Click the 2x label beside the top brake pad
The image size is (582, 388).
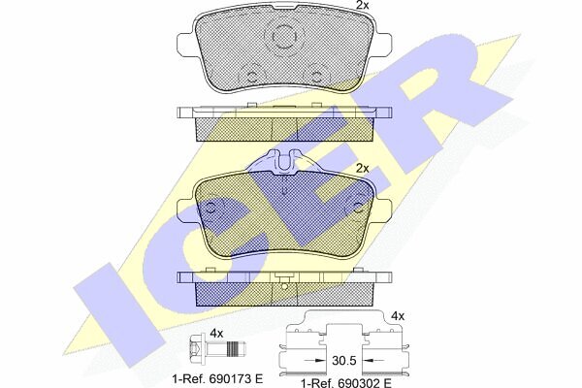(x=362, y=5)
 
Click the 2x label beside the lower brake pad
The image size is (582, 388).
(x=362, y=168)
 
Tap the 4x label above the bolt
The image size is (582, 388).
(x=216, y=334)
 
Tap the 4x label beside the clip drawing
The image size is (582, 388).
(x=398, y=316)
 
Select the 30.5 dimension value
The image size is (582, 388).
(x=344, y=360)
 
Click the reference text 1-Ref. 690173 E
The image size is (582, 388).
(x=218, y=378)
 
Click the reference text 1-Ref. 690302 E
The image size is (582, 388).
(x=346, y=382)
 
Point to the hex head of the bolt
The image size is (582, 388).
(x=196, y=348)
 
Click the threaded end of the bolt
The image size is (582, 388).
(x=237, y=348)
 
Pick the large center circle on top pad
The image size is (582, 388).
(x=284, y=36)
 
